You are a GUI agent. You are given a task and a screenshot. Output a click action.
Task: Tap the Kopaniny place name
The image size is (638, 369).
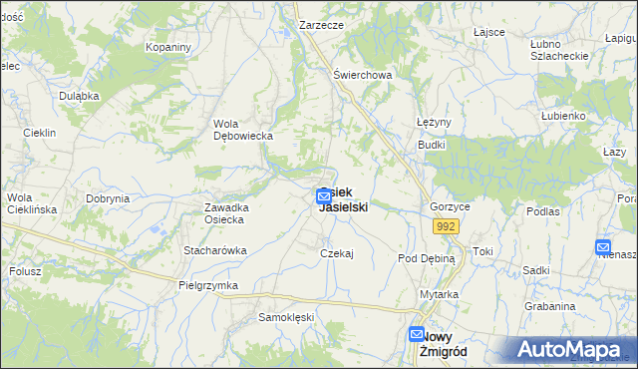[x=167, y=47]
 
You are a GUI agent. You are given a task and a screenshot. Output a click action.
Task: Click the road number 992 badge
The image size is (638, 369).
[x=445, y=227]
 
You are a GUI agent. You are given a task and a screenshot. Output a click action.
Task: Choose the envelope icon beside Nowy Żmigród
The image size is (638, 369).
[x=417, y=336]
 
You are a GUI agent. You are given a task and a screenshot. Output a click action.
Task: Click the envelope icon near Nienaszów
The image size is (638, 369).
[x=603, y=247]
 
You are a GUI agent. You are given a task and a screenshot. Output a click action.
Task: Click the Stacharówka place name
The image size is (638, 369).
[x=214, y=250]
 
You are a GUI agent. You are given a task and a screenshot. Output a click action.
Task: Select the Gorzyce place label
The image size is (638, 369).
[x=450, y=206]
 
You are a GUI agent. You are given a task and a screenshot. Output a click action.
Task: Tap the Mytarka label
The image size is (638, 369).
[x=439, y=294]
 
